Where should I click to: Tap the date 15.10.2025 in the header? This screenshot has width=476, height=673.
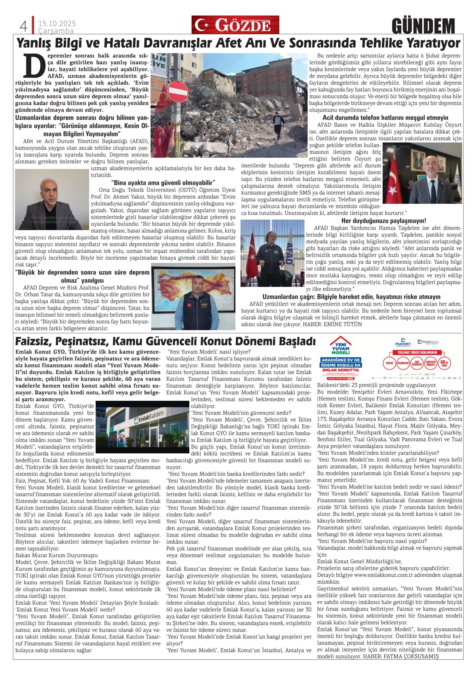(57, 24)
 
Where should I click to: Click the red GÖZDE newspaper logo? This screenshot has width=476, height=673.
(235, 25)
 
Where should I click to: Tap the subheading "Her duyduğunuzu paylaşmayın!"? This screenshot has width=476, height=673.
(383, 221)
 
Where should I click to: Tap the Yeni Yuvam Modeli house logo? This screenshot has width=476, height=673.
(340, 346)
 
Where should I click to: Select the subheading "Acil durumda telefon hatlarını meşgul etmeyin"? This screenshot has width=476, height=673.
(385, 118)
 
